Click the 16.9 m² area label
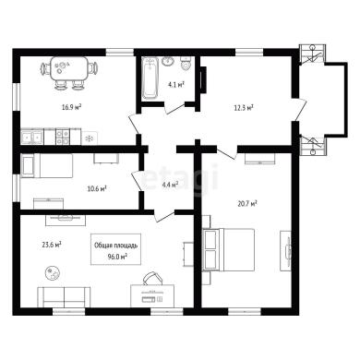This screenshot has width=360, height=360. [71, 107]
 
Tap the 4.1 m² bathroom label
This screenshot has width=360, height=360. [176, 84]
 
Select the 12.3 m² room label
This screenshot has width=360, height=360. [244, 107]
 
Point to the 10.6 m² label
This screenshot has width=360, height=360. [97, 188]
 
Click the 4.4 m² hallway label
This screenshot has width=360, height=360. [171, 185]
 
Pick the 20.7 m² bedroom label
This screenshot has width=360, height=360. [247, 203]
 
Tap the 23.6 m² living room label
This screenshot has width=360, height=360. [52, 245]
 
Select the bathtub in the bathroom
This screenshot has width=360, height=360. [150, 78]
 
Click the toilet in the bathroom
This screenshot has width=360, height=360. [186, 64]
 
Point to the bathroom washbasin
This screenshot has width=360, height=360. [168, 61]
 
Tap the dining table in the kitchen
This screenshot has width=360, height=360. [69, 68]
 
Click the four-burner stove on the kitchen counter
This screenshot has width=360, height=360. [63, 137]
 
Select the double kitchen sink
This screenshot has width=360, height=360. [32, 137]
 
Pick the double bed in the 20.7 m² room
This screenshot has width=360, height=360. [228, 250]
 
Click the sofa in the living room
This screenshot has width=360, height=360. [64, 296]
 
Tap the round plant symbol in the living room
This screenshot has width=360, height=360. [53, 272]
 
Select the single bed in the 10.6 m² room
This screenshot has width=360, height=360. [47, 166]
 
